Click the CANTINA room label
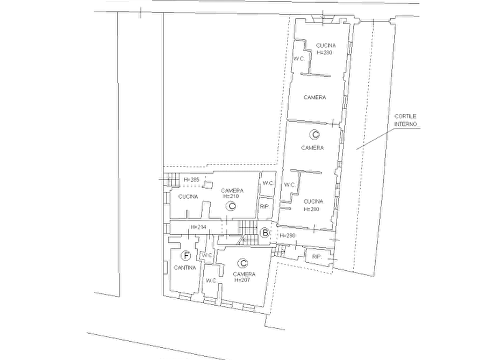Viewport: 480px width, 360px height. pos(184,268)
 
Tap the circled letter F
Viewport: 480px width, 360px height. pos(186,256)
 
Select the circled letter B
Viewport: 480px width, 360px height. pos(265,233)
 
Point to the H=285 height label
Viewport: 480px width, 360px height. pos(191,179)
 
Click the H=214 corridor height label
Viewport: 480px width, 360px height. pos(198,227)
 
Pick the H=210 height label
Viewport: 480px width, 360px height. pos(231,196)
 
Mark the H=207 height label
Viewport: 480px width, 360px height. pos(242,280)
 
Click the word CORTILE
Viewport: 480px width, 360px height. pos(405,116)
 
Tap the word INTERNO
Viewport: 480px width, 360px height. pos(405,124)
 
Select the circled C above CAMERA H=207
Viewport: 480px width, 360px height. pos(243,263)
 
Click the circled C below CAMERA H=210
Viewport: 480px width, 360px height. pos(232,206)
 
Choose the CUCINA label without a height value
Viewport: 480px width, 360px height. pos(188,197)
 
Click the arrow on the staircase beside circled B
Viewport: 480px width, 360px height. pos(248,227)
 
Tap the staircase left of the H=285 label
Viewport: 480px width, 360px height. pos(172,179)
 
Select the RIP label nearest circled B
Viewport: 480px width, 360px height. pos(264,207)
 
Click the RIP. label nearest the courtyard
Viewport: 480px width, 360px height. pos(317,257)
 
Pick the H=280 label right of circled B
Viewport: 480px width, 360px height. pos(287,235)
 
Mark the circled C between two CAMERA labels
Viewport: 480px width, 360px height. pos(314,134)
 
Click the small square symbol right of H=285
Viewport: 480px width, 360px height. pos(208,184)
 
